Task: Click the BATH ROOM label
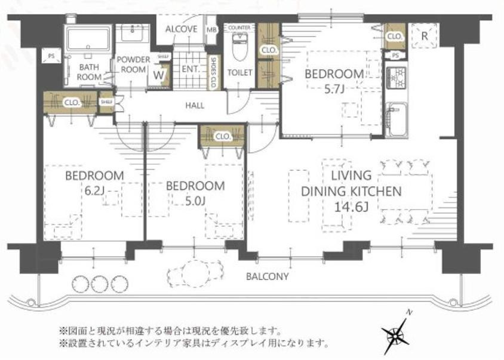[x=90, y=72]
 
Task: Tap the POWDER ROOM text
[x=131, y=64]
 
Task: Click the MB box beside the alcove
[x=211, y=30]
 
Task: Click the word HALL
[x=195, y=106]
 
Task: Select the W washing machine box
[x=158, y=75]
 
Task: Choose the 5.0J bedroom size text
[x=195, y=201]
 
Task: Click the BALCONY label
[x=268, y=276]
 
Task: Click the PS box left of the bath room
[x=50, y=57]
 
